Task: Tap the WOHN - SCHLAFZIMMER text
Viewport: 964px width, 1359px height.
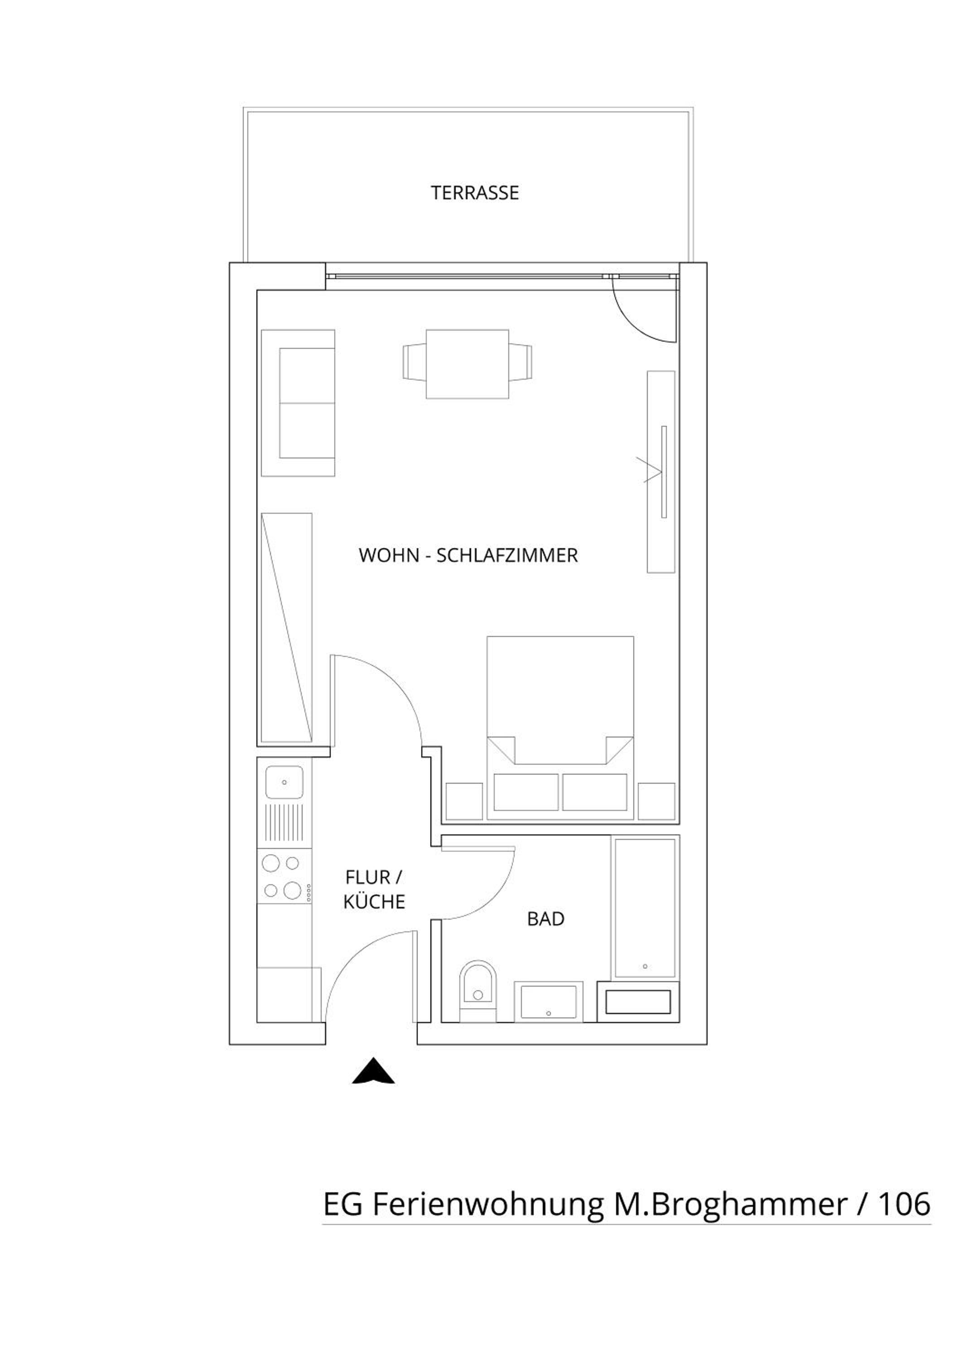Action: [x=468, y=555]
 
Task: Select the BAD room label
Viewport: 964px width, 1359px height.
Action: [x=545, y=919]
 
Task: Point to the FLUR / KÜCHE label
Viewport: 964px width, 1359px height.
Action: [x=374, y=890]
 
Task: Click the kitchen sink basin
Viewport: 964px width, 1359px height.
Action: [x=284, y=782]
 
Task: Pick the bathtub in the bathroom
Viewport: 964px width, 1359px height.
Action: [x=645, y=907]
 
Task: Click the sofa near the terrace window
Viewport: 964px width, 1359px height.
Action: [x=298, y=403]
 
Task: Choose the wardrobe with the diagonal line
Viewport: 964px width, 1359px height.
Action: [x=287, y=628]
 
